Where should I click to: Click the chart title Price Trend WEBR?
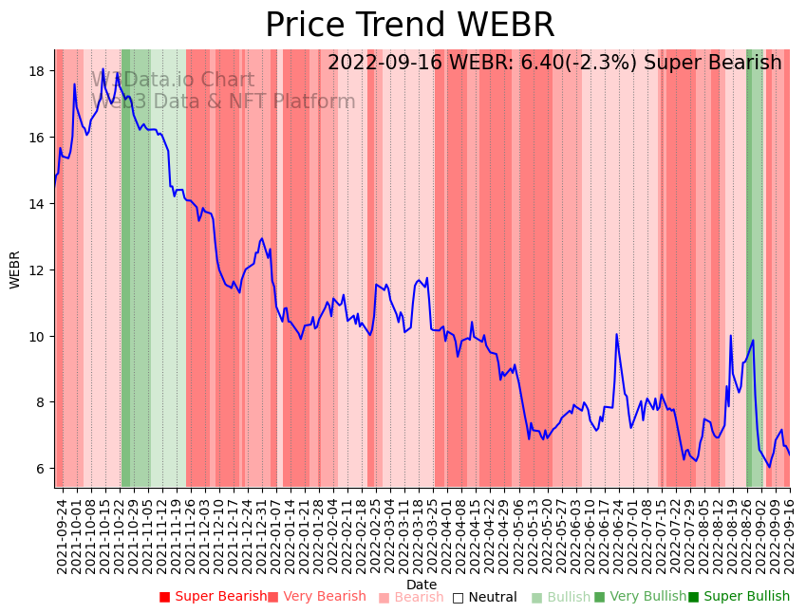tap(409, 26)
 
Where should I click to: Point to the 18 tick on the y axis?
tap(38, 71)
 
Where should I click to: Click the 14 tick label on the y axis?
tap(38, 204)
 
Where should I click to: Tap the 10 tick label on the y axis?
tap(38, 337)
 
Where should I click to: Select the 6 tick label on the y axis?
tap(42, 469)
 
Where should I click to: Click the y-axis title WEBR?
tap(15, 269)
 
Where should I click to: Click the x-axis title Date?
tap(422, 585)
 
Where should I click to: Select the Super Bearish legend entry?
tap(213, 597)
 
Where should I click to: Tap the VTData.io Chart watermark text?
tap(173, 81)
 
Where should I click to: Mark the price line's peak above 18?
tap(103, 69)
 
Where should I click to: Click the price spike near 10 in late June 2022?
tap(616, 334)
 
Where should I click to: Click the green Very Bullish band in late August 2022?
tap(751, 266)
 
